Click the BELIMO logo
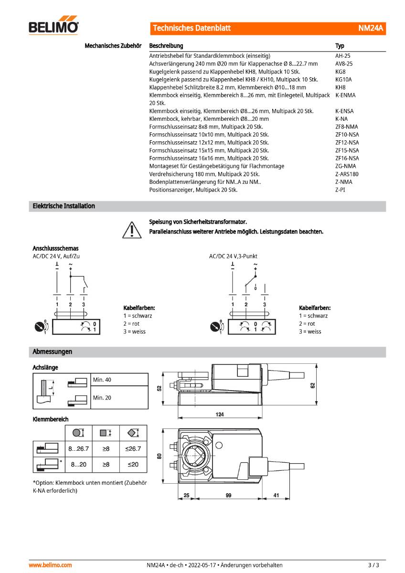pyautogui.click(x=53, y=27)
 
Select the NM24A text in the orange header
pyautogui.click(x=371, y=28)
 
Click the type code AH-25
pyautogui.click(x=343, y=55)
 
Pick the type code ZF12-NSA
pyautogui.click(x=347, y=142)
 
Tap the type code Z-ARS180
pyautogui.click(x=347, y=174)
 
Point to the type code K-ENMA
pyautogui.click(x=345, y=95)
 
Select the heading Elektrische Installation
pyautogui.click(x=64, y=206)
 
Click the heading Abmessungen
pyautogui.click(x=52, y=352)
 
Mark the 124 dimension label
pyautogui.click(x=219, y=414)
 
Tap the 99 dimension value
pyautogui.click(x=228, y=496)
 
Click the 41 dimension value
pyautogui.click(x=276, y=496)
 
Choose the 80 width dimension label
pyautogui.click(x=160, y=456)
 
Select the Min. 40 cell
pyautogui.click(x=102, y=380)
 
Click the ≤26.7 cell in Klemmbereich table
pyautogui.click(x=133, y=449)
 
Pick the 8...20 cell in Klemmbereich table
pyautogui.click(x=78, y=464)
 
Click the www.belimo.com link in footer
pyautogui.click(x=51, y=565)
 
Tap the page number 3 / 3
pyautogui.click(x=373, y=565)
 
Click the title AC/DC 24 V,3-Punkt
pyautogui.click(x=233, y=256)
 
